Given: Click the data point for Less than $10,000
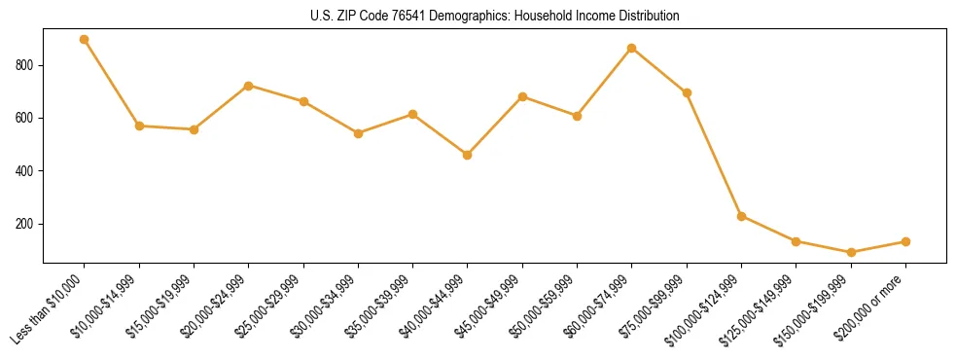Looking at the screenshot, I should click(85, 40).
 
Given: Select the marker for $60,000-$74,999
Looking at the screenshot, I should click(632, 48).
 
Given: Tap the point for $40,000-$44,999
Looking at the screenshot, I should click(468, 155).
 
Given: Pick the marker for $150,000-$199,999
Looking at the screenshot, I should click(851, 252).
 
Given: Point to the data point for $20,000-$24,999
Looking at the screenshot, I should click(249, 86).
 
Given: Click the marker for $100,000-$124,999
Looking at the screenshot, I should click(742, 216).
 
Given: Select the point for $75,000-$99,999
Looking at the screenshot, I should click(687, 93).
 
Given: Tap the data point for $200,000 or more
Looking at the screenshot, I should click(905, 241).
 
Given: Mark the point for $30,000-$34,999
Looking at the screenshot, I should click(358, 133).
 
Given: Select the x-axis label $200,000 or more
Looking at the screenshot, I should click(871, 306).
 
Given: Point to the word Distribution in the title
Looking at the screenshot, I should click(647, 17).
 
